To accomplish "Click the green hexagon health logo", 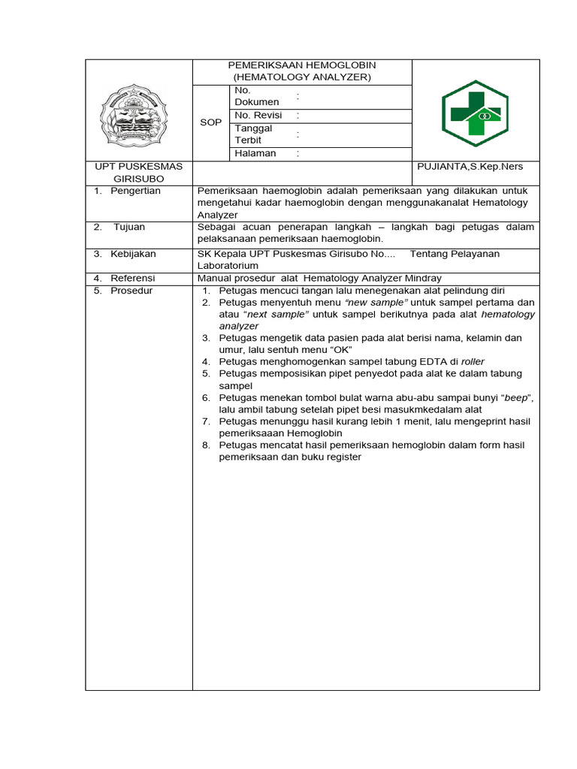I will click(x=475, y=113).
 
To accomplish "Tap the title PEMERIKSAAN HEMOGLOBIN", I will click(x=301, y=65).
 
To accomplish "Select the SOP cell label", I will click(x=210, y=122).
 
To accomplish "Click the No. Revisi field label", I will click(x=258, y=115).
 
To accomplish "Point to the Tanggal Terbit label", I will click(x=253, y=134).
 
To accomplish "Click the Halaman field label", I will click(x=255, y=153).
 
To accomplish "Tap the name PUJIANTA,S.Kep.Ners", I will click(x=470, y=167).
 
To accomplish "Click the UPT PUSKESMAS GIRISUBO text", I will click(x=139, y=173).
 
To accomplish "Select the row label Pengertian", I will click(x=135, y=191).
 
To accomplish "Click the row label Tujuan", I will click(x=129, y=227).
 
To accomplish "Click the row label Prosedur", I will click(x=131, y=290).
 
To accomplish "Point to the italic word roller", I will click(x=473, y=361).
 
